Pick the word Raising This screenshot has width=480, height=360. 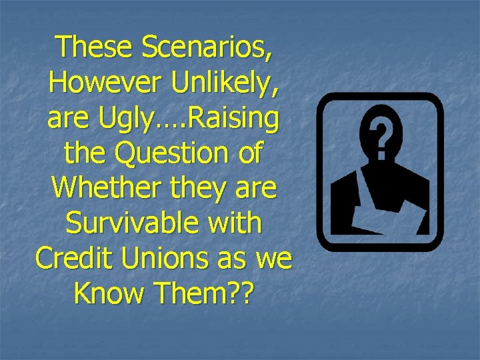coord(233,119)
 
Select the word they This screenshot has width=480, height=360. coord(190,188)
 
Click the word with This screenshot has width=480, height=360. coord(234,223)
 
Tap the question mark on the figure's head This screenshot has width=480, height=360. coord(379,136)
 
